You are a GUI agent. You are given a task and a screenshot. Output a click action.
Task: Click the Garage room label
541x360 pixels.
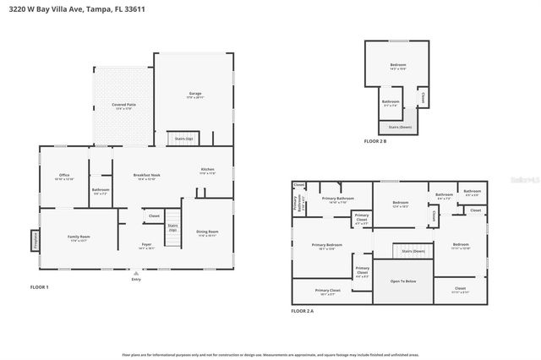coord(194,95)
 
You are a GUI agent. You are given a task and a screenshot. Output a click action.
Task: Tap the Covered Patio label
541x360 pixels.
coord(124,106)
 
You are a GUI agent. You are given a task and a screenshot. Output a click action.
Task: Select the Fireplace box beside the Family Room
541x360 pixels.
coord(36,241)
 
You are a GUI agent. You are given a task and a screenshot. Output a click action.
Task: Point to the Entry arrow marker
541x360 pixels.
coord(136,273)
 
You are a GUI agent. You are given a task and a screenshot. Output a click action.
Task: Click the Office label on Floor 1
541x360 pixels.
coord(64,177)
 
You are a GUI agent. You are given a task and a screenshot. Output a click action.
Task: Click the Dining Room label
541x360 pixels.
coord(207,233)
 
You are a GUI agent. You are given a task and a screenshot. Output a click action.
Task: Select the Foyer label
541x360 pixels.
coord(146,247)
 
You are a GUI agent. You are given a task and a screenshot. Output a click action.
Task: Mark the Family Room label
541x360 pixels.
coord(79,238)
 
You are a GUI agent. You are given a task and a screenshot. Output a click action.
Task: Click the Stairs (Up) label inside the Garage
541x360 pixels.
coord(183,137)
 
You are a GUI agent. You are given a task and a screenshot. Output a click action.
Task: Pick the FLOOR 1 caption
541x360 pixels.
coord(40,288)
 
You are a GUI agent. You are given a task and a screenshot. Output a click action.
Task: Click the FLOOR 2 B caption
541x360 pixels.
coord(375,141)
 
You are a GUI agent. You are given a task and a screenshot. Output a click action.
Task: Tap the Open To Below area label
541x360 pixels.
coord(402,281)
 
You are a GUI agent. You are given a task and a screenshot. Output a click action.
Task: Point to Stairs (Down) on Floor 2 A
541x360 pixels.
coord(412,252)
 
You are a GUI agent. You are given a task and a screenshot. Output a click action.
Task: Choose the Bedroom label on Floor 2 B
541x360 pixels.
coord(398,67)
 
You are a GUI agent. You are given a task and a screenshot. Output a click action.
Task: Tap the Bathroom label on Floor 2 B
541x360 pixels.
coord(390,103)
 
